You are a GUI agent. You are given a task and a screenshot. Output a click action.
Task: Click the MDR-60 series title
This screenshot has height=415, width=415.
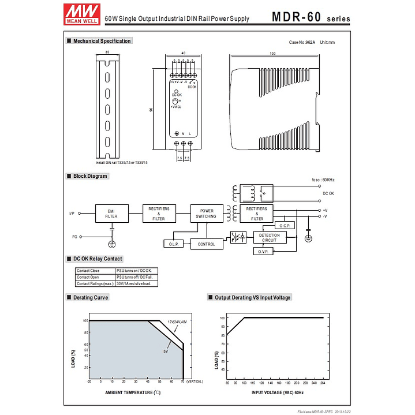click(311, 17)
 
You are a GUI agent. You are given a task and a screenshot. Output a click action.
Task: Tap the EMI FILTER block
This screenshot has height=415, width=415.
click(111, 214)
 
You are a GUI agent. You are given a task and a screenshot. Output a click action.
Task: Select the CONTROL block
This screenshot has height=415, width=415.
click(206, 244)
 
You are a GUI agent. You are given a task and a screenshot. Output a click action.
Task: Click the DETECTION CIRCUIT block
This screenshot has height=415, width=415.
click(269, 237)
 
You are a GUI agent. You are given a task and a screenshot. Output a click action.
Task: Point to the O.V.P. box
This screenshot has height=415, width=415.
click(263, 252)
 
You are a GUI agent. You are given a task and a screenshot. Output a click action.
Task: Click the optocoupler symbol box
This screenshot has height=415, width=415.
click(238, 237)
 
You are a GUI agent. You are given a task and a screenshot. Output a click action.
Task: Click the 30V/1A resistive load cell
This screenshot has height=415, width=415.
click(136, 283)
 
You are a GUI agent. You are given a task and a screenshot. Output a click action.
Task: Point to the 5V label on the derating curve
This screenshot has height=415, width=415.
click(165, 351)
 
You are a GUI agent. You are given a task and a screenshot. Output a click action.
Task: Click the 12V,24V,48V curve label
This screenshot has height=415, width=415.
click(177, 321)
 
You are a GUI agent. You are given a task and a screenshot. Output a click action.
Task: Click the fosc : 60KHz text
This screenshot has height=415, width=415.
click(323, 180)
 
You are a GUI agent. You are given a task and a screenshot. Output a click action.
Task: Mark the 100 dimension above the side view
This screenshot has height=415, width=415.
click(272, 54)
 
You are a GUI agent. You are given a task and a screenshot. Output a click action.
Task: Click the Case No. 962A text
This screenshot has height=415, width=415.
click(302, 42)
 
